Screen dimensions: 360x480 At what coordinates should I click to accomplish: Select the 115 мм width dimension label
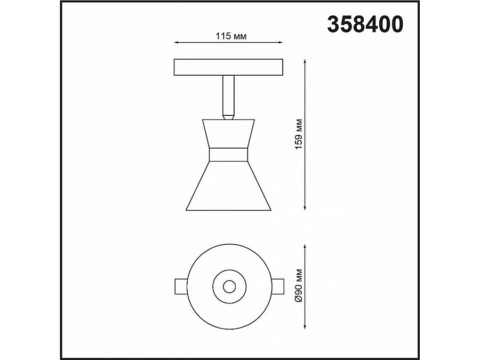click(x=230, y=36)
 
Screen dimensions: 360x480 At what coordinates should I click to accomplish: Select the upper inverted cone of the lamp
click(x=228, y=134)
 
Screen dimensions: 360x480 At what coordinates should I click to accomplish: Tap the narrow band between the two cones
click(x=228, y=155)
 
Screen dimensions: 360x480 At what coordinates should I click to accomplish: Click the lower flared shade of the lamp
click(x=228, y=187)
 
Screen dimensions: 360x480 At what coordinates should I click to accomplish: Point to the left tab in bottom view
click(x=181, y=286)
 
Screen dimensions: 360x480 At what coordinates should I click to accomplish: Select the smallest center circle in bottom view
click(x=229, y=286)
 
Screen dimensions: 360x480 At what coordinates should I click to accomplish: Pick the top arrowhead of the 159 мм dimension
click(x=305, y=61)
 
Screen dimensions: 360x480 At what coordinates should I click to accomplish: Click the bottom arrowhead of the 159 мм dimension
click(x=305, y=207)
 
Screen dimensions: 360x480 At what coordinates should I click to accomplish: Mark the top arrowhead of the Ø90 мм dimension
click(x=305, y=247)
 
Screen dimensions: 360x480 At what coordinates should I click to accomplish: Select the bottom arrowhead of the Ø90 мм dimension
click(x=305, y=326)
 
